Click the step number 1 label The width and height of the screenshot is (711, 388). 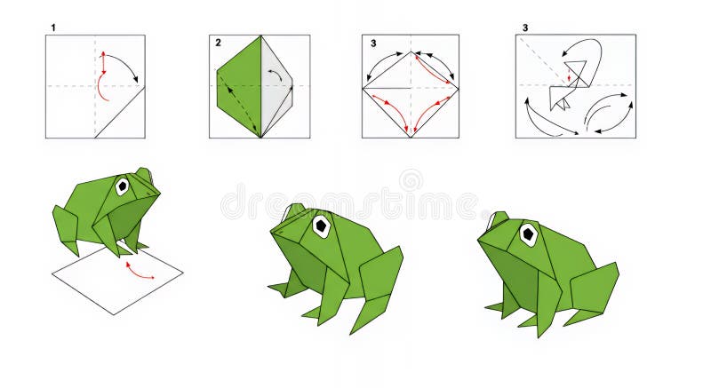[x=52, y=28]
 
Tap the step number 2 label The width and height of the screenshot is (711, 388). [x=218, y=42]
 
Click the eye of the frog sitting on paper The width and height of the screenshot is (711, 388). [x=122, y=186]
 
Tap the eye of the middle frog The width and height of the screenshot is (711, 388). [x=320, y=226]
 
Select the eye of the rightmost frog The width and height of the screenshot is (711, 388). [x=528, y=235]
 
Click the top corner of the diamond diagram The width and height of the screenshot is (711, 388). [x=411, y=51]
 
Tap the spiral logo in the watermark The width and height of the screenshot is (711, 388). [x=411, y=181]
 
